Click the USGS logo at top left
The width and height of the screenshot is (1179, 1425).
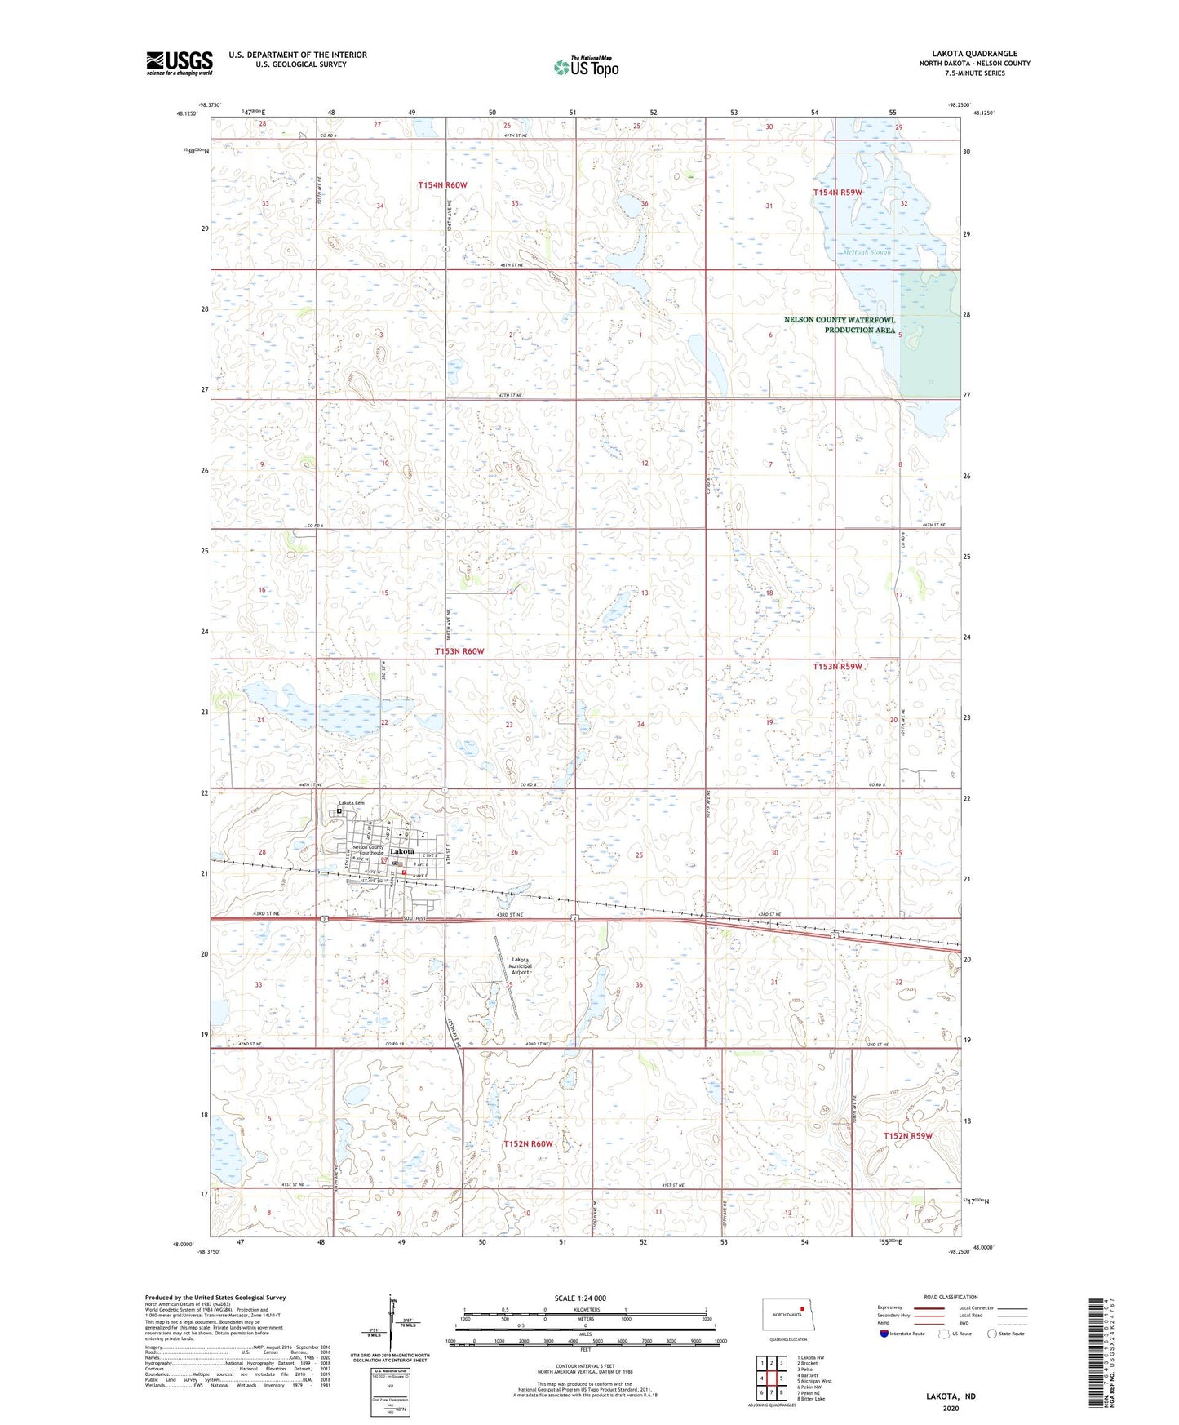point(180,63)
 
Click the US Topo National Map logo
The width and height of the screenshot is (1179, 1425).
point(586,67)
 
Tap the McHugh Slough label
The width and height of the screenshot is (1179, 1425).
point(866,252)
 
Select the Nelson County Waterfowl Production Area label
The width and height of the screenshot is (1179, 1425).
point(840,325)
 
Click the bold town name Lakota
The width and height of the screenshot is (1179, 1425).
point(402,851)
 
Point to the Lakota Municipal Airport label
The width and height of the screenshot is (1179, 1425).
point(521,966)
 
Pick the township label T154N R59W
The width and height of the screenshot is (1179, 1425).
point(837,193)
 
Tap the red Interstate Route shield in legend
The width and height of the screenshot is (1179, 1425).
point(884,1334)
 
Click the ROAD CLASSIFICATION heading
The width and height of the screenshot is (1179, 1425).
point(951,1297)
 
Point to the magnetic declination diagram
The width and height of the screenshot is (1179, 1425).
point(393,1326)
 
